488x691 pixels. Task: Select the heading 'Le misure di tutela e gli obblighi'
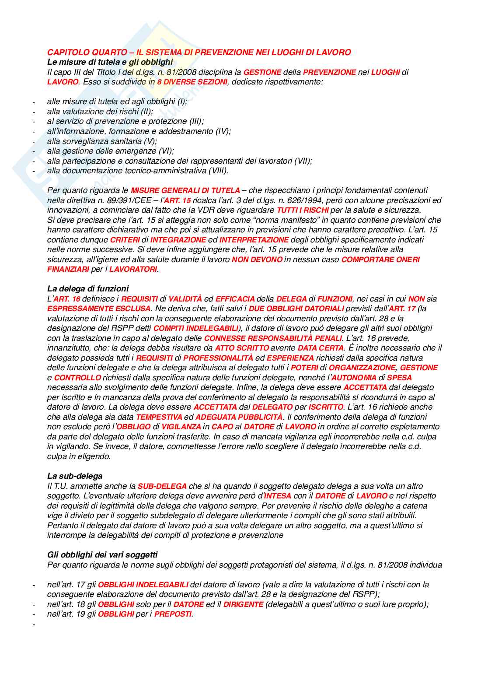pos(110,62)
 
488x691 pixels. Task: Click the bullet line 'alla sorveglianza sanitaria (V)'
pos(102,141)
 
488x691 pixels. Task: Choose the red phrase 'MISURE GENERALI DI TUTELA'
pos(185,190)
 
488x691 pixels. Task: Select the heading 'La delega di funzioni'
pos(88,289)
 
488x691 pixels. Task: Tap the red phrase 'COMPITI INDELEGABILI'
pos(196,328)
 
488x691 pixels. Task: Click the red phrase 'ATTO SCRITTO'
pos(242,348)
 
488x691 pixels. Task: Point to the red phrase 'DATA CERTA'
pos(321,348)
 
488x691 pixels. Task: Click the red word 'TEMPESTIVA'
pos(159,417)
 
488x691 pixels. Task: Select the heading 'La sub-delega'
pos(75,476)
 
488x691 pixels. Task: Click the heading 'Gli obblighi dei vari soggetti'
pos(102,555)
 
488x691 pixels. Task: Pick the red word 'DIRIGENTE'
pos(243,604)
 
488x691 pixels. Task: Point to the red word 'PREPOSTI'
pos(173,614)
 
